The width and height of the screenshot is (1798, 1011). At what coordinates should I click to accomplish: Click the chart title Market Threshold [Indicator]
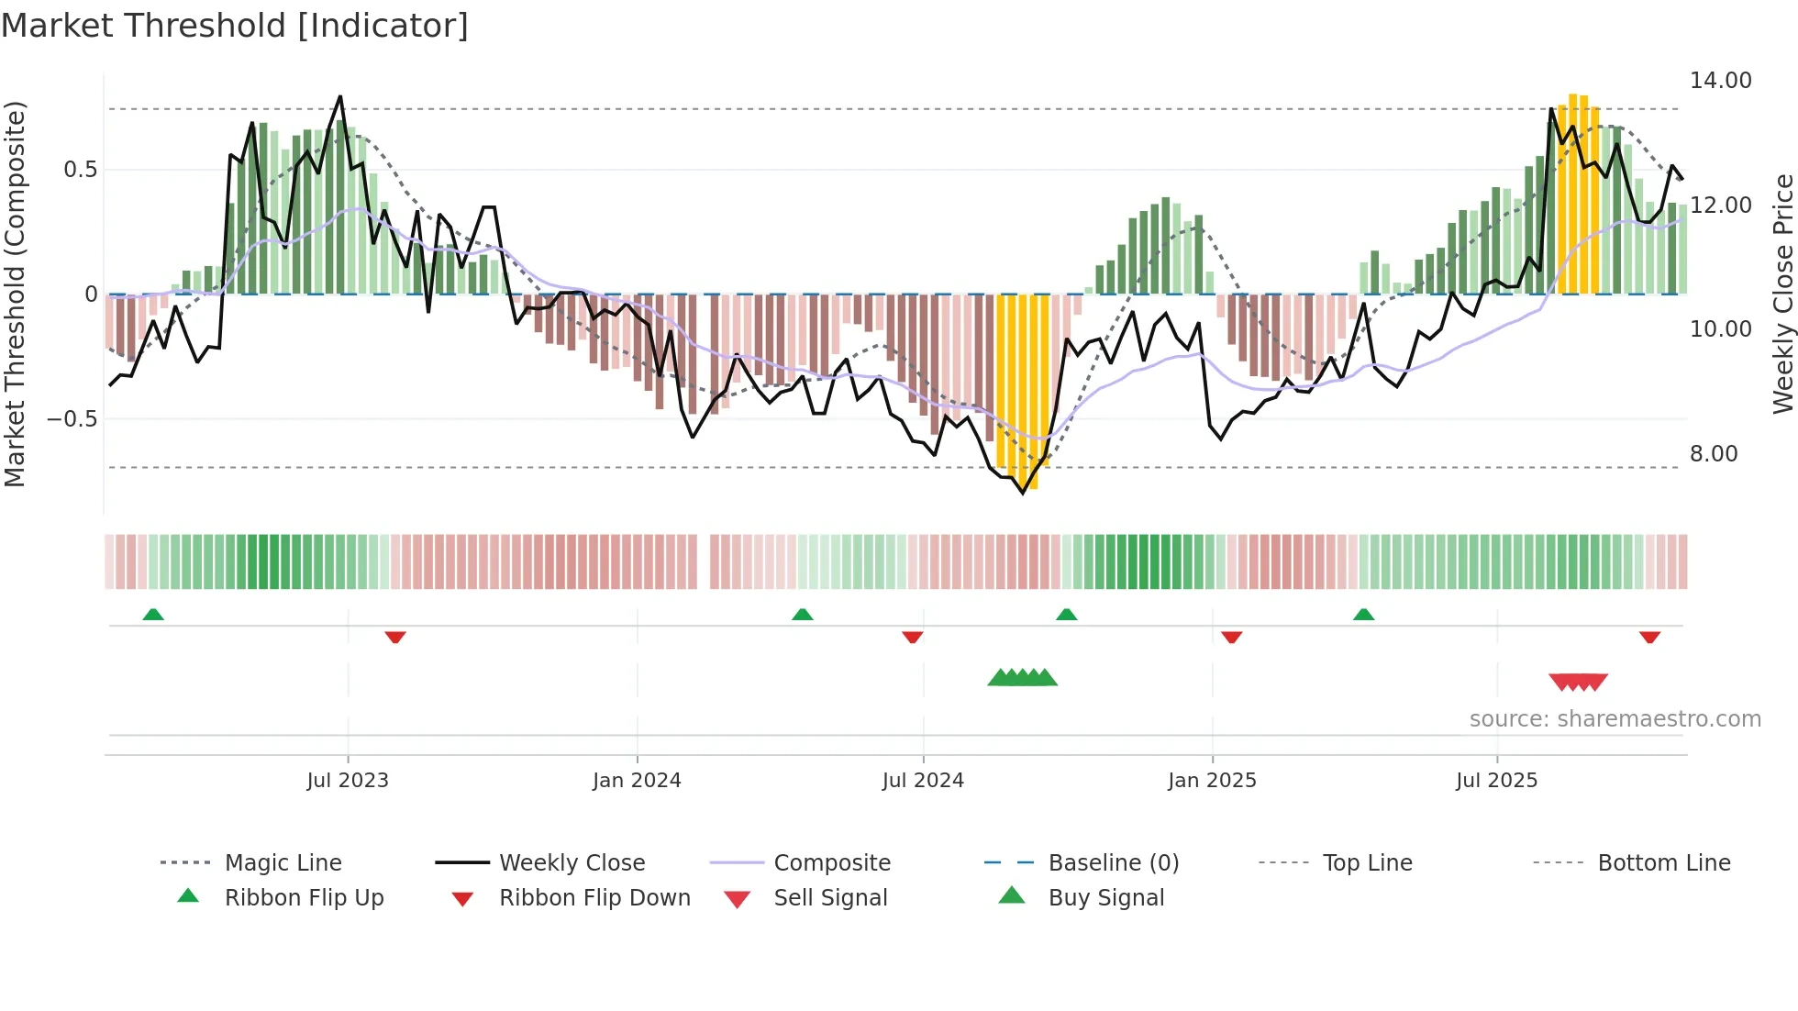pyautogui.click(x=235, y=26)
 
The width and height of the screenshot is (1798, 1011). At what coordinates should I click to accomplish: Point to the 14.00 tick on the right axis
pyautogui.click(x=1720, y=81)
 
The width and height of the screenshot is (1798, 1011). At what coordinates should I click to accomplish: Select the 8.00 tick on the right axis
pyautogui.click(x=1714, y=454)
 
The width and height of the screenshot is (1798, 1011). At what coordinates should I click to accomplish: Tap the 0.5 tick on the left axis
pyautogui.click(x=81, y=170)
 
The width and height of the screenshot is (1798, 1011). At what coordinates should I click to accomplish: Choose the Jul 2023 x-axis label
pyautogui.click(x=348, y=781)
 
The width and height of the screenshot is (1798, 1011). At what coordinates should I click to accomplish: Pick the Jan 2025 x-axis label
pyautogui.click(x=1212, y=781)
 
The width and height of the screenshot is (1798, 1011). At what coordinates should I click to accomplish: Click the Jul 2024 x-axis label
pyautogui.click(x=923, y=781)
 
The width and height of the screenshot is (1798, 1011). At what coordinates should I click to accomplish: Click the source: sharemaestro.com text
pyautogui.click(x=1615, y=719)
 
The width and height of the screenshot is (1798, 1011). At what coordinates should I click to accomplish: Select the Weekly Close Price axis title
pyautogui.click(x=1782, y=294)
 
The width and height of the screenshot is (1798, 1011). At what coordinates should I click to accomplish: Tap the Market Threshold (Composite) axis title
pyautogui.click(x=15, y=294)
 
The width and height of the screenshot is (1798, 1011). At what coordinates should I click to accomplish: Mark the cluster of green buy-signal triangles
pyautogui.click(x=1022, y=678)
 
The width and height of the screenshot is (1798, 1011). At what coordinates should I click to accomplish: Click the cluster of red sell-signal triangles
pyautogui.click(x=1578, y=682)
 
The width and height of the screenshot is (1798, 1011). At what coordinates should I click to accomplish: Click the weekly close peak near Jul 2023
pyautogui.click(x=340, y=96)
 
